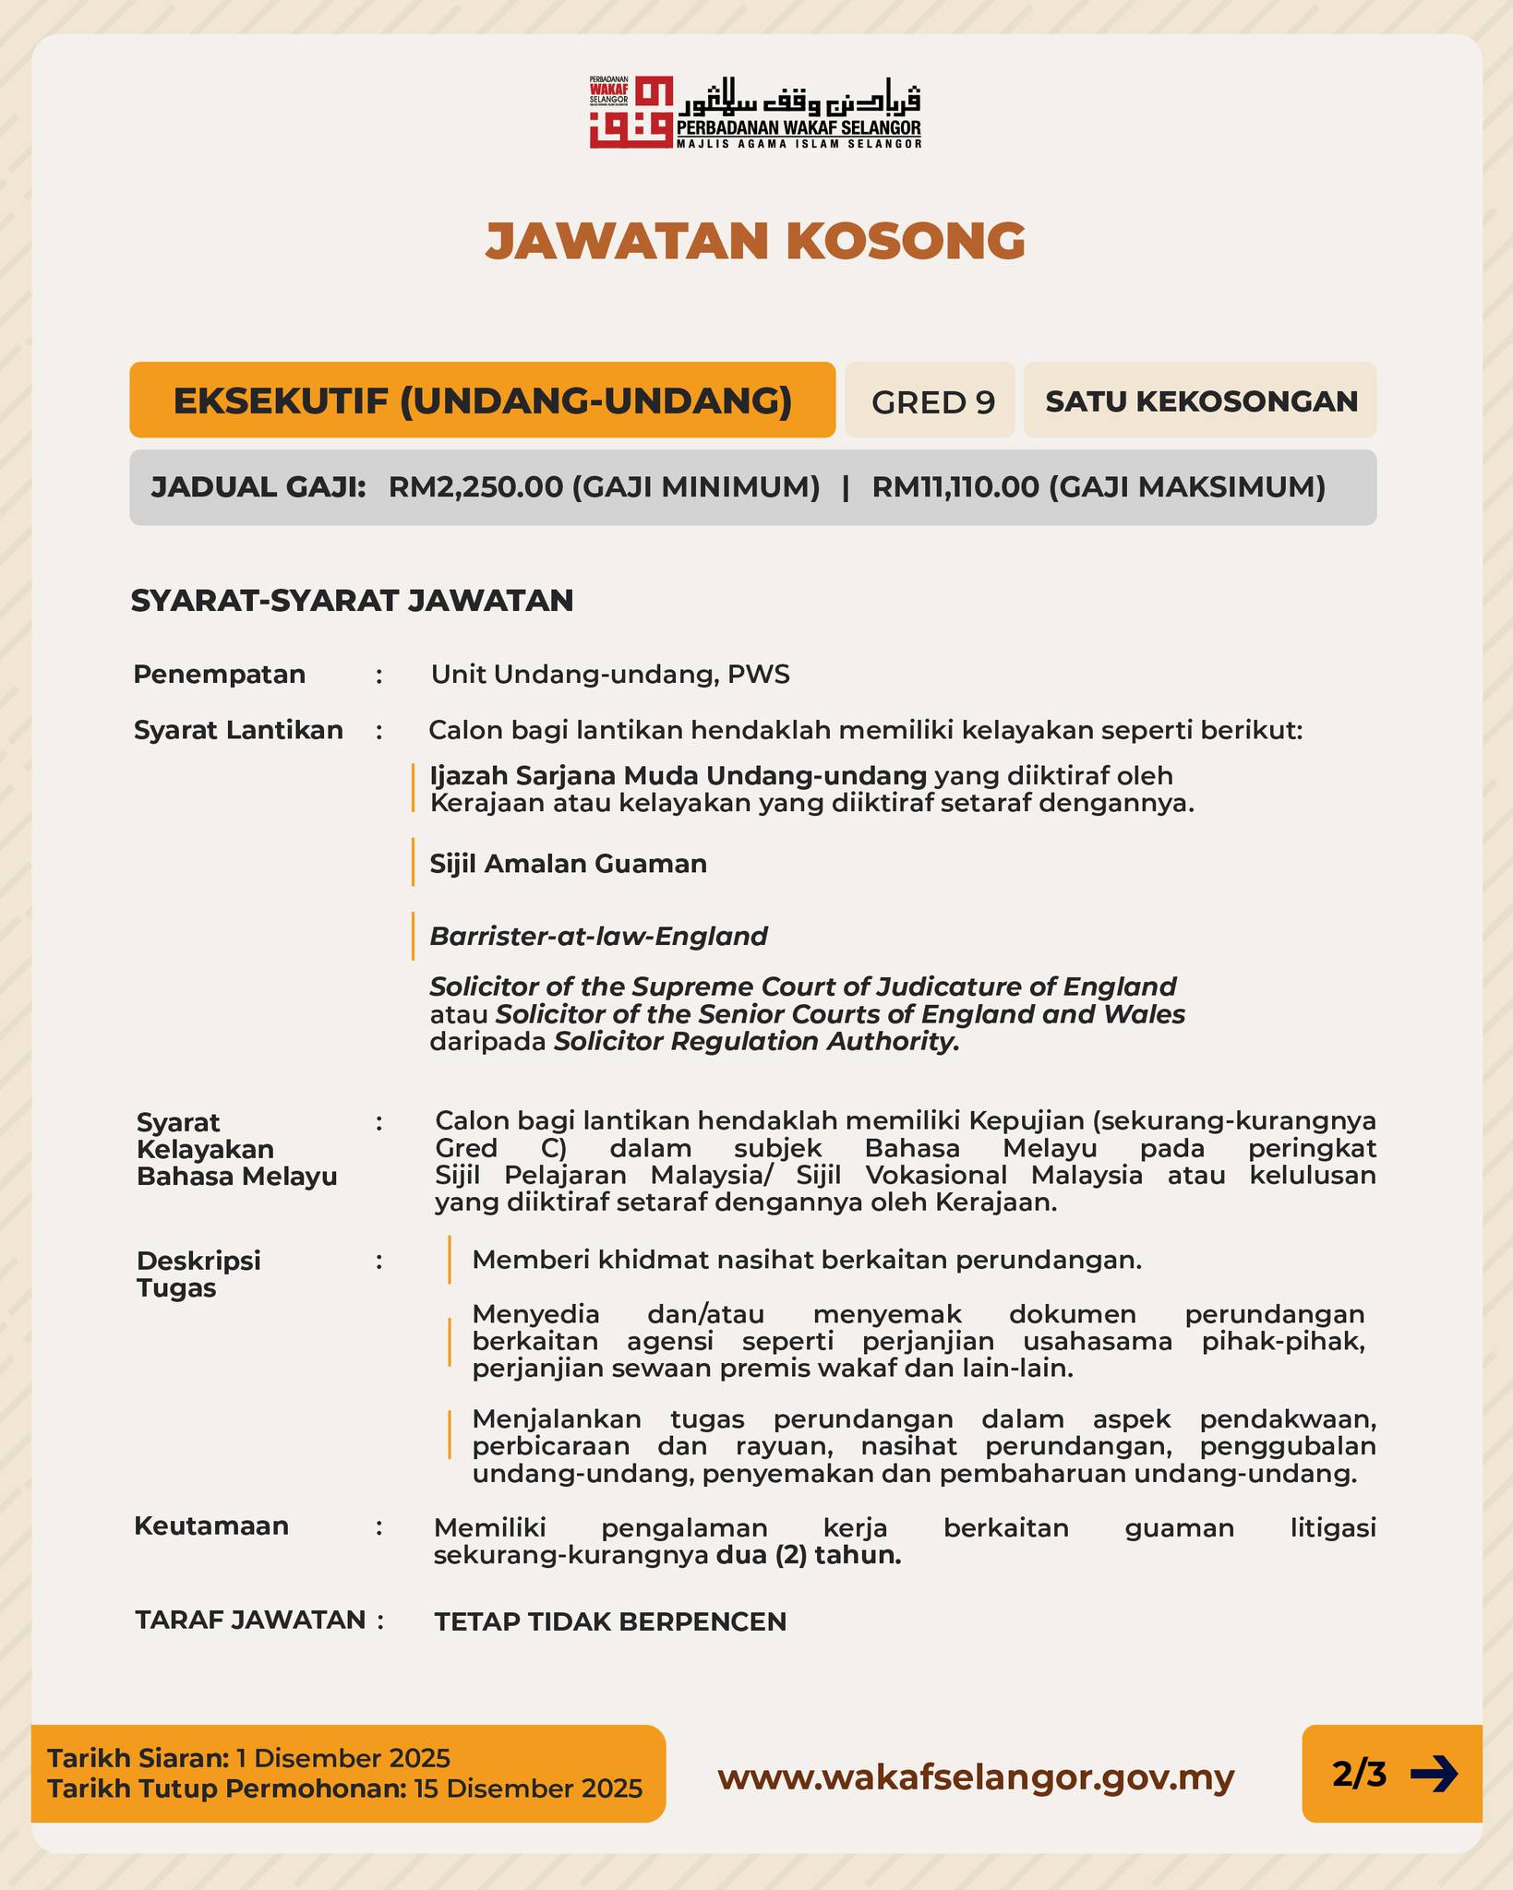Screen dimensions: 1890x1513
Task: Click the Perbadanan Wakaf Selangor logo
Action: (755, 112)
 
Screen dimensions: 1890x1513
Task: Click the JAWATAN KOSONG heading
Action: (755, 241)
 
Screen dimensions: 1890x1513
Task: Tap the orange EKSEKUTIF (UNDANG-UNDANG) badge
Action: (482, 401)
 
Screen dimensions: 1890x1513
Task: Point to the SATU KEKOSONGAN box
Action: (1201, 401)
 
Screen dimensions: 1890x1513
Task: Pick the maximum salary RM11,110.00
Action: (955, 487)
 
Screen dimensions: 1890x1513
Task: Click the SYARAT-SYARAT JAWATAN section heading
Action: (352, 601)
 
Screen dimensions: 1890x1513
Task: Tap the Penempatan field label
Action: (219, 675)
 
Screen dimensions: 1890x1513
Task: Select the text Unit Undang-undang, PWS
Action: (610, 675)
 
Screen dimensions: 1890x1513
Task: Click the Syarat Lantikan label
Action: (238, 730)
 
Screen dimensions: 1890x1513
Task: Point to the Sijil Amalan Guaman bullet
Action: (569, 864)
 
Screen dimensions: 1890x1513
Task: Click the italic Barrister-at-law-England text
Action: (598, 937)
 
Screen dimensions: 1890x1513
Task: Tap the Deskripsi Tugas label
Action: (198, 1274)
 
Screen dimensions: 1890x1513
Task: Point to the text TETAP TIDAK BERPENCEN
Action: (610, 1621)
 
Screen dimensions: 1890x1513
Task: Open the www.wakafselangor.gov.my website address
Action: (976, 1776)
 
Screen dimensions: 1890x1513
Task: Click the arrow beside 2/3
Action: (1434, 1774)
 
